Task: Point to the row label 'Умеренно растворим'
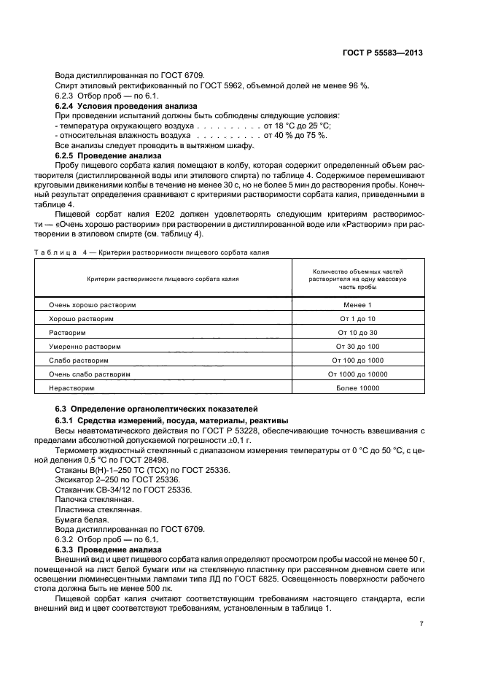coord(85,346)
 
